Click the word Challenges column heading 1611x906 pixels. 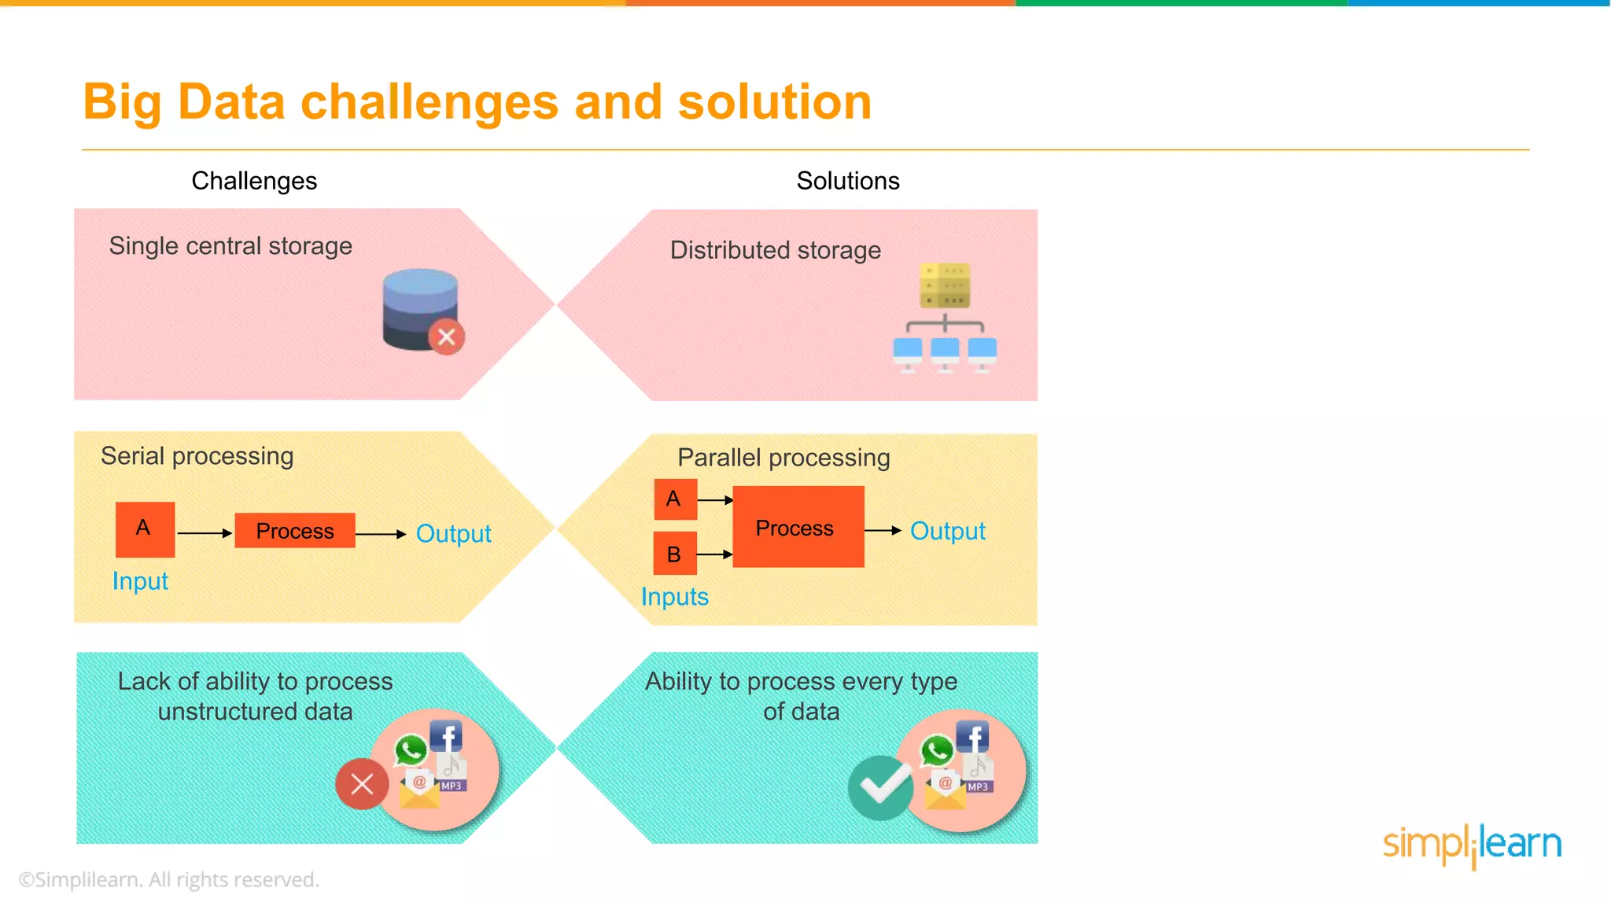pyautogui.click(x=254, y=181)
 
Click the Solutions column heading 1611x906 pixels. pyautogui.click(x=847, y=181)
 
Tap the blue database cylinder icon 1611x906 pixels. pyautogui.click(x=419, y=308)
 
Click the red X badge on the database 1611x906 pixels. pyautogui.click(x=446, y=337)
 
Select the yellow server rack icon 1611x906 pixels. pyautogui.click(x=945, y=286)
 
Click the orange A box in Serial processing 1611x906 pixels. pyautogui.click(x=145, y=529)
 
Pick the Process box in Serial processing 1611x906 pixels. pyautogui.click(x=295, y=531)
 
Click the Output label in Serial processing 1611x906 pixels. pyautogui.click(x=453, y=534)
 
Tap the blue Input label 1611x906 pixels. pyautogui.click(x=140, y=581)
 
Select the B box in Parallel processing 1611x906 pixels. pyautogui.click(x=675, y=554)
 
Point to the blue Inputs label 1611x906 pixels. pyautogui.click(x=674, y=597)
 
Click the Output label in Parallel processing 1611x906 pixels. pyautogui.click(x=947, y=532)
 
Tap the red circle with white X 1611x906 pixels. pyautogui.click(x=362, y=783)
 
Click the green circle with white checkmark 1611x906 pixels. pyautogui.click(x=880, y=786)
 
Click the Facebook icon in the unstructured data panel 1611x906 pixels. pyautogui.click(x=446, y=737)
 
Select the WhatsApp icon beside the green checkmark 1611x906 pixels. pyautogui.click(x=937, y=750)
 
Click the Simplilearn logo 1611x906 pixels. pyautogui.click(x=1471, y=845)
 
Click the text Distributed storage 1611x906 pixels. pyautogui.click(x=775, y=250)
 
